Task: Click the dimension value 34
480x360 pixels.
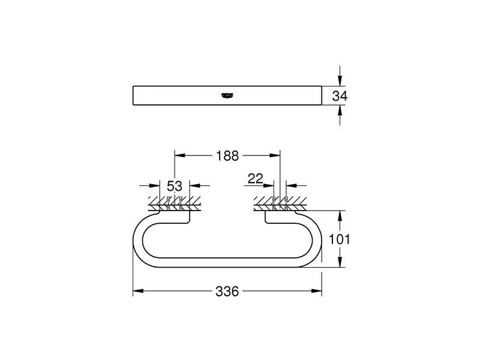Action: (340, 95)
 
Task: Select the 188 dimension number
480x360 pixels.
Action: (227, 156)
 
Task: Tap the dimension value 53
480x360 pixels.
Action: (174, 186)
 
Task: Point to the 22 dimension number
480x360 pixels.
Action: (255, 178)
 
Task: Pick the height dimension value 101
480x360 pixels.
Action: (340, 239)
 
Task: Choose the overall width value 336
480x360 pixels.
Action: (227, 292)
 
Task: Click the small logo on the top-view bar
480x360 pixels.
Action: (227, 94)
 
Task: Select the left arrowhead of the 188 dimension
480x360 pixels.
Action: (178, 156)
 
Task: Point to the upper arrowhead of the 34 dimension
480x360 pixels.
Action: (340, 82)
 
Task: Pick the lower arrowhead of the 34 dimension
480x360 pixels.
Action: (340, 109)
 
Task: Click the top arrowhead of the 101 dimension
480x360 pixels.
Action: (340, 214)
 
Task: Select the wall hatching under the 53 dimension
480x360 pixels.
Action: (174, 201)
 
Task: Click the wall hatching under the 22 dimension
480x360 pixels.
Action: (280, 201)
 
